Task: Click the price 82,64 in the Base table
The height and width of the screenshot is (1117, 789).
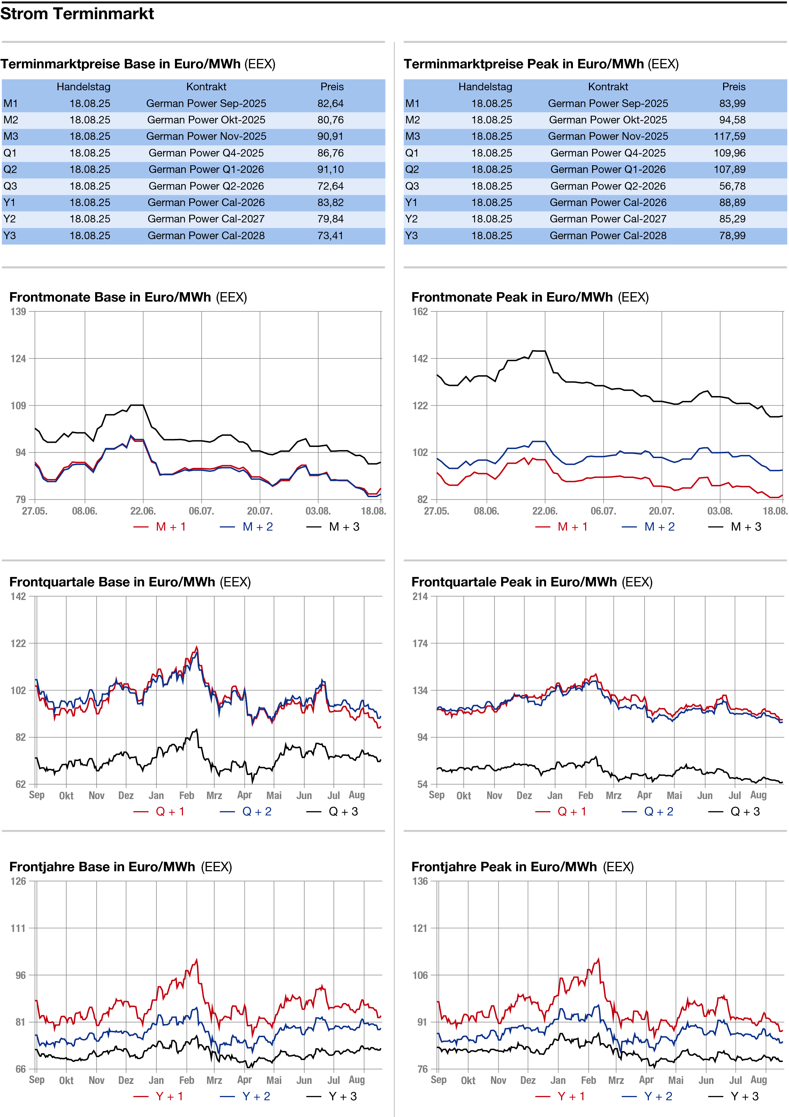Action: [330, 104]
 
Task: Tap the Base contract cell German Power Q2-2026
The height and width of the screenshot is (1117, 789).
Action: [206, 186]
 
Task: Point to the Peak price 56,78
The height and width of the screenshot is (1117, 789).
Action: [732, 186]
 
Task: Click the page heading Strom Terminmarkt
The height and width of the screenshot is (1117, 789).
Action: [77, 14]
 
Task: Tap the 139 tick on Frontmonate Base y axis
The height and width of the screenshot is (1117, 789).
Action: [18, 311]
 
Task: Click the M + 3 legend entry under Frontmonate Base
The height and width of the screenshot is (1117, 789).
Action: [333, 527]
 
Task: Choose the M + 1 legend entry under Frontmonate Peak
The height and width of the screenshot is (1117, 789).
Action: [561, 527]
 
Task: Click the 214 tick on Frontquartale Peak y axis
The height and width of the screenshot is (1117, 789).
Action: [420, 597]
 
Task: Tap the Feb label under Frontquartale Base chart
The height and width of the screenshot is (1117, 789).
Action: [187, 796]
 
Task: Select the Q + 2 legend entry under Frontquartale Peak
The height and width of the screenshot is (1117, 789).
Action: [648, 812]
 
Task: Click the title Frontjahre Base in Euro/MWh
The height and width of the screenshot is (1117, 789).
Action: [102, 867]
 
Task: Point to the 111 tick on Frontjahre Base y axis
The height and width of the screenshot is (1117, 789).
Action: [18, 928]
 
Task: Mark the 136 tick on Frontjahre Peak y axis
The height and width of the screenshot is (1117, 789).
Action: [420, 882]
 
